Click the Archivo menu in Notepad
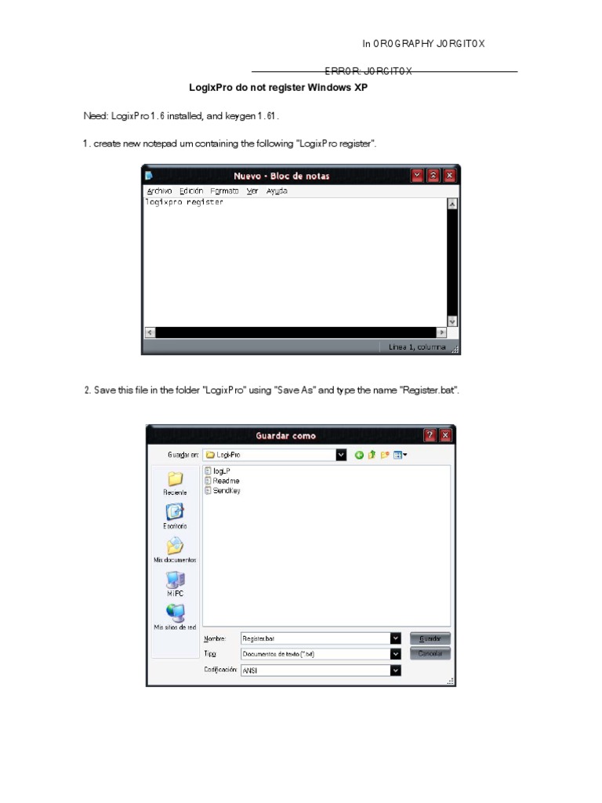tap(159, 191)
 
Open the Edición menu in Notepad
tap(190, 191)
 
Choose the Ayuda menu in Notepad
tap(277, 191)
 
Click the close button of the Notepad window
tap(450, 176)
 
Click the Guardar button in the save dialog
tap(430, 638)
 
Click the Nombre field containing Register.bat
tap(314, 638)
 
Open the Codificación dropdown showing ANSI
tap(396, 670)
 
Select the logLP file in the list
tap(220, 471)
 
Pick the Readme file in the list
tap(225, 481)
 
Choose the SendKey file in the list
tap(226, 491)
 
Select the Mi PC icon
tap(175, 581)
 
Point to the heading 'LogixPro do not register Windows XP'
tap(278, 88)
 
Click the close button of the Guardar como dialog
tap(445, 435)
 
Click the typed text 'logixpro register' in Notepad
tap(184, 202)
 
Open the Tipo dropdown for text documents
tap(396, 654)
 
